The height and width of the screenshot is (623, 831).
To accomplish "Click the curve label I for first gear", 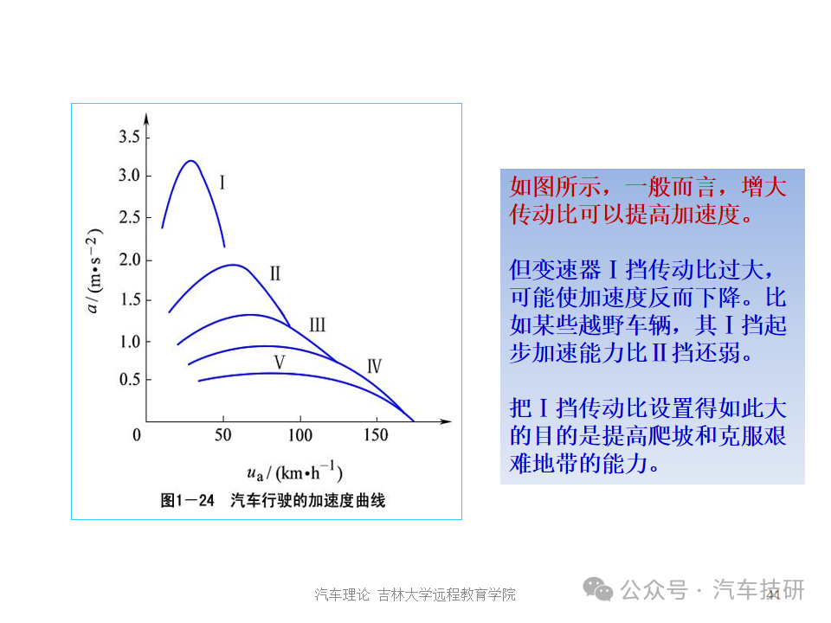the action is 222,183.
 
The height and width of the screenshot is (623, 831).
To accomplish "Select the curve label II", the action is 275,273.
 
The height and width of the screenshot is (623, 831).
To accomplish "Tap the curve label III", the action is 317,324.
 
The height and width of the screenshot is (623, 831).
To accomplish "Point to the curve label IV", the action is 374,366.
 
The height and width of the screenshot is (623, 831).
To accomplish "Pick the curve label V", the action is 280,363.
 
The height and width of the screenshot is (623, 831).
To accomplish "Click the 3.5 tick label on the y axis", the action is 129,137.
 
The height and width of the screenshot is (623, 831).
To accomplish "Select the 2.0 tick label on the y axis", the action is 129,260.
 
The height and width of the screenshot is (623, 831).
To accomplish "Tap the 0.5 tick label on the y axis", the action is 129,379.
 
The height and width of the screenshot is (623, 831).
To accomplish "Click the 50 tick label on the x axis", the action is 223,435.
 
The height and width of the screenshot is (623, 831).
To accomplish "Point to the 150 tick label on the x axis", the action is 376,435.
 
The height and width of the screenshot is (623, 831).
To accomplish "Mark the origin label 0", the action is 137,435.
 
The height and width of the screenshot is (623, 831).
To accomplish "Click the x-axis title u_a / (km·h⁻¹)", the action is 294,471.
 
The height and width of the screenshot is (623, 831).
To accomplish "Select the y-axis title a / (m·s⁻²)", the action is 93,271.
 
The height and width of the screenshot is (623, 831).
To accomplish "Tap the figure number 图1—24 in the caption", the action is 187,500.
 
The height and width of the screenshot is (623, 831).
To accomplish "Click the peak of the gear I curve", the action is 190,161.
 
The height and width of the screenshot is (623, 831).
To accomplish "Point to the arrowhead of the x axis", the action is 447,421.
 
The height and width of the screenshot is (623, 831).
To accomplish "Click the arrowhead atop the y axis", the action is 146,119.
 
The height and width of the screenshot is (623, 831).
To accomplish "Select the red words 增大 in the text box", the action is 763,187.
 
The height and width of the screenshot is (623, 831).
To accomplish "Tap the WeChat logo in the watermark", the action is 598,589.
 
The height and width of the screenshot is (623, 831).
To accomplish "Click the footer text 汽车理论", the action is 342,594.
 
